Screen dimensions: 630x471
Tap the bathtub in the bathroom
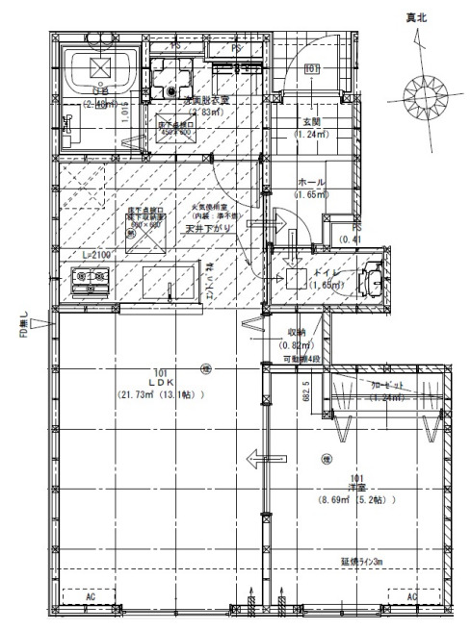[99, 69]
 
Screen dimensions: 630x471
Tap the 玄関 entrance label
[311, 123]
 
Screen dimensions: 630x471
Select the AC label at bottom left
[92, 596]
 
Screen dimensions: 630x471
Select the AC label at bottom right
[412, 596]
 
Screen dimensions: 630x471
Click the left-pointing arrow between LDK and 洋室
[260, 459]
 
